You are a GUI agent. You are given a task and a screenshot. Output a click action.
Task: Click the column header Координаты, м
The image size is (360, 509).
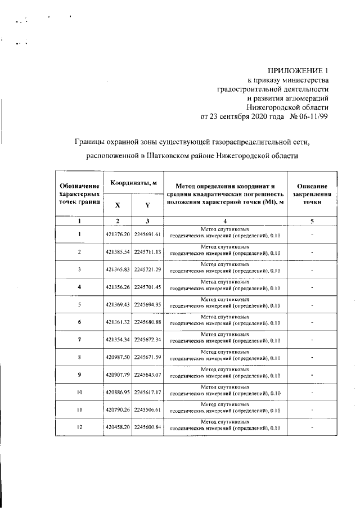[x=133, y=183]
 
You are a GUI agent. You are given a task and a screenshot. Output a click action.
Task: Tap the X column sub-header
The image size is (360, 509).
[x=118, y=205]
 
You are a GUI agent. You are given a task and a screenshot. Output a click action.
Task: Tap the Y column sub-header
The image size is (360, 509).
[x=147, y=205]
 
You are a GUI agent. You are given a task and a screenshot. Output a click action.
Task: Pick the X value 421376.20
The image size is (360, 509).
[x=118, y=234]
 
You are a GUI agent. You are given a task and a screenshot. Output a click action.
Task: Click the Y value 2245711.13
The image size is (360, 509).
[x=147, y=251]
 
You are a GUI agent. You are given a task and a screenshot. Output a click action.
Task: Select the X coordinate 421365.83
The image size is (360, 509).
[x=118, y=269]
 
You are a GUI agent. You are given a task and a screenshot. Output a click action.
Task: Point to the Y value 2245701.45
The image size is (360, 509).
[x=147, y=287]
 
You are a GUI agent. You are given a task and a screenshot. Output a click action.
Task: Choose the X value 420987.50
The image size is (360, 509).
[x=118, y=357]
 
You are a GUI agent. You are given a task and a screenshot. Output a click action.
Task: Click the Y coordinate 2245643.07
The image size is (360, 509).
[x=147, y=375]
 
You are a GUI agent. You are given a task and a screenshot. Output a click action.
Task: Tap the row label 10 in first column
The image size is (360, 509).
[x=80, y=392]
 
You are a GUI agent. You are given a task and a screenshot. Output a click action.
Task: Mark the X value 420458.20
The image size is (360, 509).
[x=118, y=427]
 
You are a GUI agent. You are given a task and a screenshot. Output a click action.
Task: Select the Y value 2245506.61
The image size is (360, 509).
[x=147, y=409]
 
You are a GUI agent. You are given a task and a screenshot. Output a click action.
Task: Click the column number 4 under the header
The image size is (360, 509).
[x=224, y=221]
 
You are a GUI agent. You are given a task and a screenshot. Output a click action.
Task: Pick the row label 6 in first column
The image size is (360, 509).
[x=80, y=322]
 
